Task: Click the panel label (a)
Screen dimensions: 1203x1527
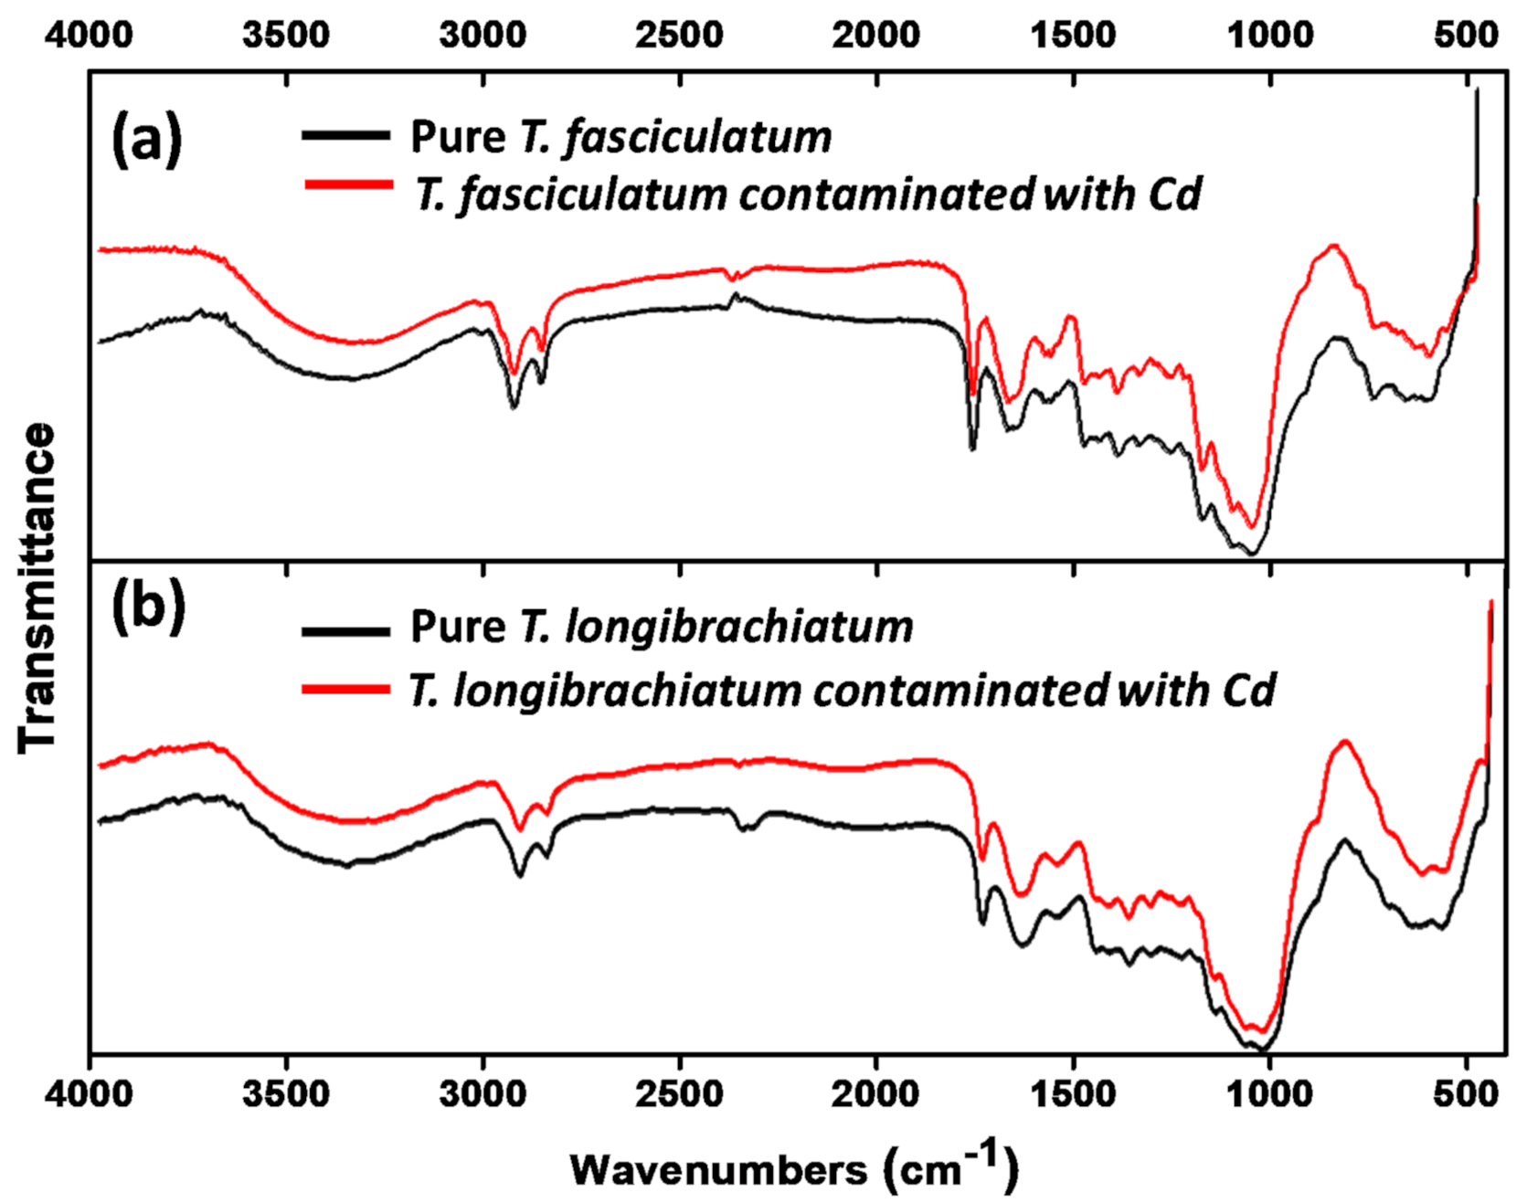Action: pyautogui.click(x=146, y=139)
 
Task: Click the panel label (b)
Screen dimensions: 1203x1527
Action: pyautogui.click(x=148, y=608)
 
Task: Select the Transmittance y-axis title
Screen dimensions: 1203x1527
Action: pyautogui.click(x=37, y=588)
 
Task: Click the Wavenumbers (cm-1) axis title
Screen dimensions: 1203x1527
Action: pyautogui.click(x=793, y=1168)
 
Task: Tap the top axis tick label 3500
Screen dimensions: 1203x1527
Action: pyautogui.click(x=286, y=35)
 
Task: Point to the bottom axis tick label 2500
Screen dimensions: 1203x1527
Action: pyautogui.click(x=680, y=1093)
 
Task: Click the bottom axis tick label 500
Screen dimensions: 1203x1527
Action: pyautogui.click(x=1466, y=1093)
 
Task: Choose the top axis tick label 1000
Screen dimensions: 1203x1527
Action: pyautogui.click(x=1269, y=35)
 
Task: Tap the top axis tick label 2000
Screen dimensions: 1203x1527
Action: pyautogui.click(x=876, y=35)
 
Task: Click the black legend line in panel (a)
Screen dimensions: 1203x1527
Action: pyautogui.click(x=346, y=135)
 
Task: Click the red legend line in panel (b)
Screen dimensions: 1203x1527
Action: pyautogui.click(x=346, y=689)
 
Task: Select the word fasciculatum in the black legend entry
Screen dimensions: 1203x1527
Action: pyautogui.click(x=698, y=137)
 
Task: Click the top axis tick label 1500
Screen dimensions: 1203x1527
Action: pyautogui.click(x=1073, y=35)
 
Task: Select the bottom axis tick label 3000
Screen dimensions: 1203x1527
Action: pyautogui.click(x=482, y=1093)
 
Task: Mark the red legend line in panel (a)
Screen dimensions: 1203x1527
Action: pyautogui.click(x=348, y=185)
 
